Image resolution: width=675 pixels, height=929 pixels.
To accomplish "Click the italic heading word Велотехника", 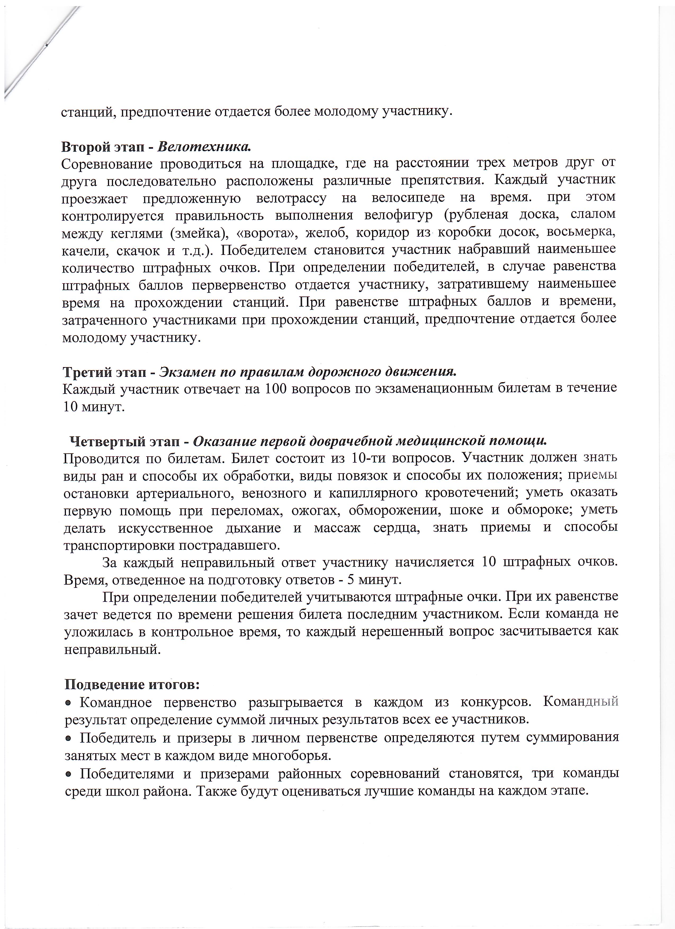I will [204, 146].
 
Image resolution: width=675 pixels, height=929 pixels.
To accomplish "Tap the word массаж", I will [337, 527].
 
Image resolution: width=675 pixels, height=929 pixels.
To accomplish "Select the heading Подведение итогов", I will [132, 684].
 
